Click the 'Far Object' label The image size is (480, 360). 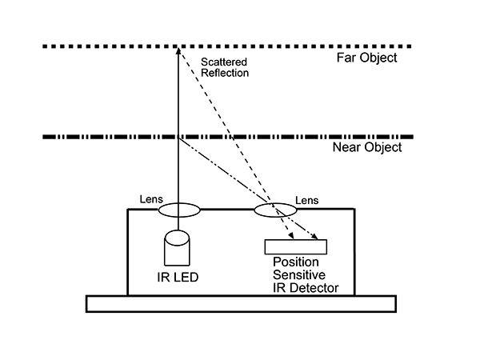pos(366,58)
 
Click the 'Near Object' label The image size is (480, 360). pos(367,147)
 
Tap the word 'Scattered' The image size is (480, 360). pos(224,62)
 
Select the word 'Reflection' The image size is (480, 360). pos(225,73)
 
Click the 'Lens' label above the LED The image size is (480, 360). pos(151,199)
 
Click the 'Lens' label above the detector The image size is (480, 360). pos(306,201)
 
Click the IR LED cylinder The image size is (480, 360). pos(177,248)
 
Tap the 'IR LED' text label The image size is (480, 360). pos(178,277)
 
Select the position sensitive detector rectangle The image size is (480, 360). pos(296,246)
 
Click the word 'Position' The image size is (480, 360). pos(296,262)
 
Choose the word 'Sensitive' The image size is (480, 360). pos(299,275)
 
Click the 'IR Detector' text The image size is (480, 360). pos(306,288)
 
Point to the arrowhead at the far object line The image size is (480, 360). pos(178,50)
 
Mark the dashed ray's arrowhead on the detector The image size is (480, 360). pos(291,236)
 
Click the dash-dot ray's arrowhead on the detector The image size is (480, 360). pos(314,236)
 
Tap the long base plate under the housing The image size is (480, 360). pos(242,304)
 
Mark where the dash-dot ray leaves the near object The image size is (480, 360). pos(178,138)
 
